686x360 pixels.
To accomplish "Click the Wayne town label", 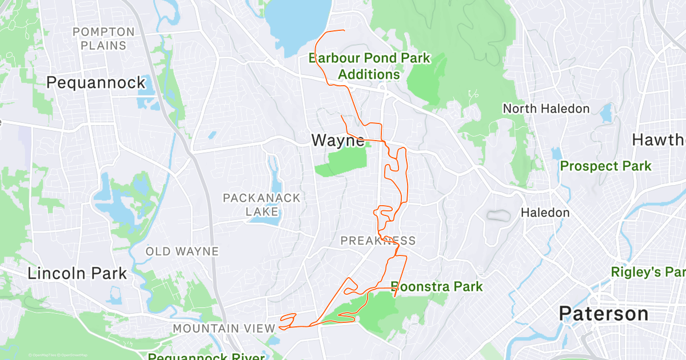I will click(x=337, y=140).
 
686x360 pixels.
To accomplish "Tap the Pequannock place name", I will click(x=96, y=83).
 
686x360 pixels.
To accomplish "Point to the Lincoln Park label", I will click(x=77, y=273).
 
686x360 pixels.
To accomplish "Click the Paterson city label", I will click(x=604, y=314).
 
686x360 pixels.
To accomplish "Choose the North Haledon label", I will click(x=546, y=109).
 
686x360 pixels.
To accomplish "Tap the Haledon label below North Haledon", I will click(x=545, y=213).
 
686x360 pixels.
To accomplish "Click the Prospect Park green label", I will click(x=605, y=166).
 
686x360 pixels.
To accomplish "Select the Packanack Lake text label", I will click(x=261, y=205).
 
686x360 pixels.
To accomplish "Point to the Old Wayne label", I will click(x=182, y=251).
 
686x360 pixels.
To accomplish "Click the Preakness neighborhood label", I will click(x=378, y=241).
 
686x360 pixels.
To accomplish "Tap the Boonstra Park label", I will click(x=437, y=286).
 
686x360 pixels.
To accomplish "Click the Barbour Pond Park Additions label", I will click(x=369, y=66).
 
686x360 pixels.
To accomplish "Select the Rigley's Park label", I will click(x=648, y=271).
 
